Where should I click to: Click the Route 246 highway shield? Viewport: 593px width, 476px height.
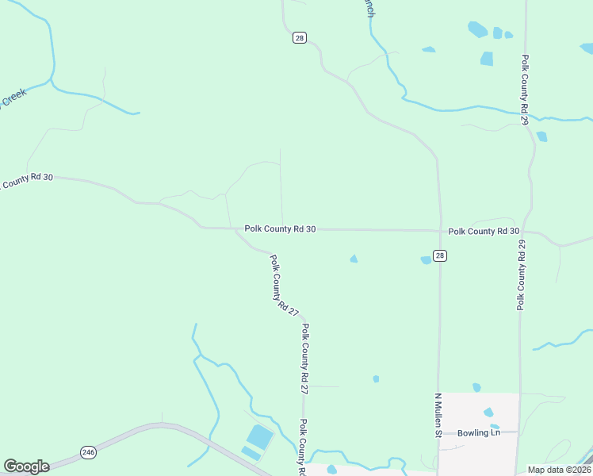pyautogui.click(x=88, y=451)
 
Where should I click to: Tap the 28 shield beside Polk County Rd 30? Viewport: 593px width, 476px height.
pyautogui.click(x=440, y=255)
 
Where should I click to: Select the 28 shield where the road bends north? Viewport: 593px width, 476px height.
pyautogui.click(x=299, y=38)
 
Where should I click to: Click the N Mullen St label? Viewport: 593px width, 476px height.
pyautogui.click(x=437, y=414)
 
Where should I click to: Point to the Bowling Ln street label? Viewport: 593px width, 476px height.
pyautogui.click(x=479, y=432)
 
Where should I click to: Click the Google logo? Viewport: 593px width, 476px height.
pyautogui.click(x=26, y=466)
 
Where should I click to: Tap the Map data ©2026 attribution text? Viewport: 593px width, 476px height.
pyautogui.click(x=559, y=470)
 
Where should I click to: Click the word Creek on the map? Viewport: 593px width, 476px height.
pyautogui.click(x=13, y=98)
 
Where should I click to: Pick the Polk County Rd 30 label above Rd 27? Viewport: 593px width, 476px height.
pyautogui.click(x=280, y=228)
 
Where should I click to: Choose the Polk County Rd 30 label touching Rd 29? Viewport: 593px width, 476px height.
pyautogui.click(x=484, y=231)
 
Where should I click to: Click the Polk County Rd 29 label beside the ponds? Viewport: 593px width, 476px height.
pyautogui.click(x=525, y=90)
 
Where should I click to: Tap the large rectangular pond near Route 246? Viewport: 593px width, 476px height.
pyautogui.click(x=259, y=436)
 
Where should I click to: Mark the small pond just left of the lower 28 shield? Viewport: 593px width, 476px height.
pyautogui.click(x=426, y=259)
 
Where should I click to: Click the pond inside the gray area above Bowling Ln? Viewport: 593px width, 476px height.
pyautogui.click(x=488, y=413)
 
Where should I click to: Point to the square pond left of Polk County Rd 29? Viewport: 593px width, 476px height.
pyautogui.click(x=486, y=58)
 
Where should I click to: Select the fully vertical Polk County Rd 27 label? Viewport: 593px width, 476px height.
pyautogui.click(x=304, y=359)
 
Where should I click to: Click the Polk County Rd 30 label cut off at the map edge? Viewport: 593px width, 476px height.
pyautogui.click(x=26, y=181)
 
